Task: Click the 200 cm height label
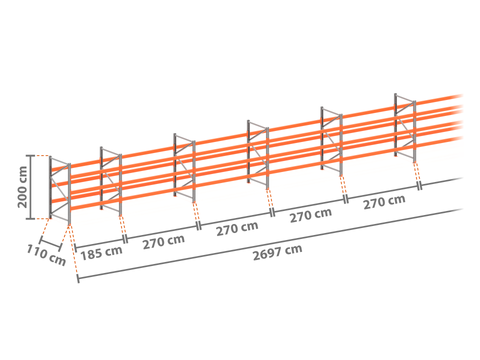point(22,187)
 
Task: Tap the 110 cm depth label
point(46,255)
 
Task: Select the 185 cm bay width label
point(101,253)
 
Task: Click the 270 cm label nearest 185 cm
point(164,242)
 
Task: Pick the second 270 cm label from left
point(237,228)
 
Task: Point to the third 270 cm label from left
point(311,215)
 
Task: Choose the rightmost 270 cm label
point(384,202)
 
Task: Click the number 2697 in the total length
point(267,253)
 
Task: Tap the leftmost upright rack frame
point(60,190)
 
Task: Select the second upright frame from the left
point(111,181)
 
